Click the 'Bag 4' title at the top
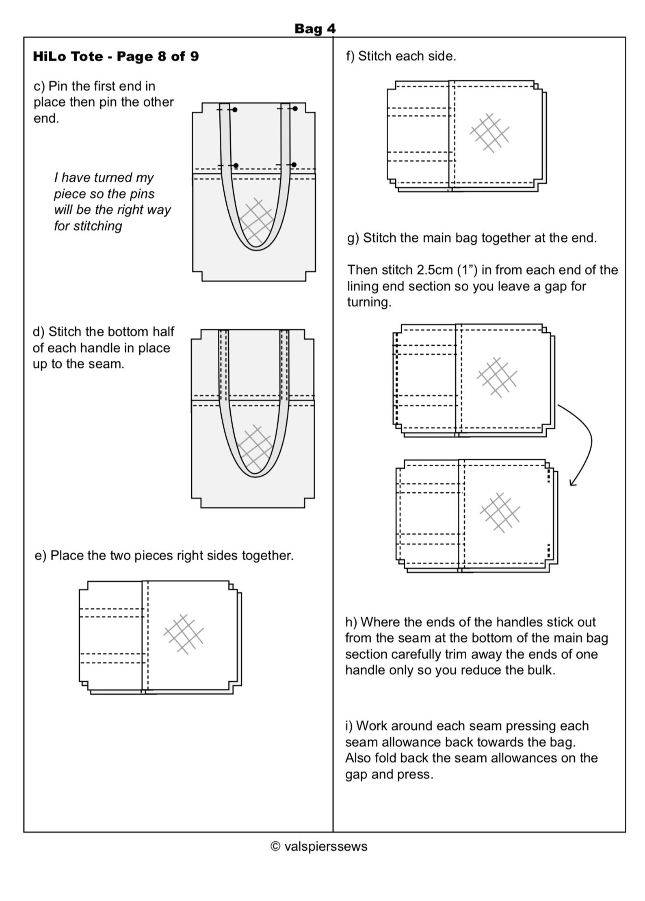[x=315, y=28]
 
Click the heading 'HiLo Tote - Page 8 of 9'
[x=116, y=56]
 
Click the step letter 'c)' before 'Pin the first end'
[x=39, y=86]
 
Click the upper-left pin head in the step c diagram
[x=235, y=110]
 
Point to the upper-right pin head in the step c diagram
[x=295, y=109]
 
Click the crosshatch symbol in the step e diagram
[x=184, y=634]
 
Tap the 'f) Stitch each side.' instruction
[x=400, y=56]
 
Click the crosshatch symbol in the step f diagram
[x=490, y=133]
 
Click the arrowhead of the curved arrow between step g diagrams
[x=572, y=483]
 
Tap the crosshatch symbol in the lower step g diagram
[x=500, y=513]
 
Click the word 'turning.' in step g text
[x=369, y=302]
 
